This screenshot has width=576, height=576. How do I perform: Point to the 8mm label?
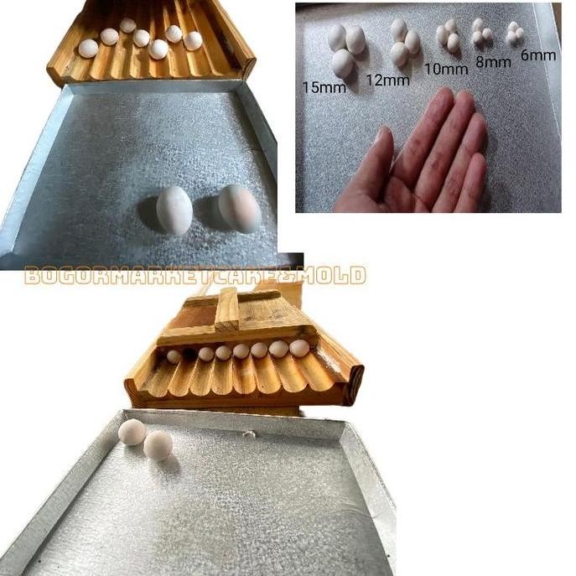492,61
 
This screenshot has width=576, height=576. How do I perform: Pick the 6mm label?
537,55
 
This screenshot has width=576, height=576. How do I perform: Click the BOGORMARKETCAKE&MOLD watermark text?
195,276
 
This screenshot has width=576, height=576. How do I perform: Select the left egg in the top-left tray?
174,210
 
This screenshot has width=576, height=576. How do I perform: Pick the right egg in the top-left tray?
239,208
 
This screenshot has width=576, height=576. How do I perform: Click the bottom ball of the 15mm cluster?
342,63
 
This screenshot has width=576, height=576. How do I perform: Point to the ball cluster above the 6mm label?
514,33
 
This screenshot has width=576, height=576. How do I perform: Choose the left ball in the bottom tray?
132,432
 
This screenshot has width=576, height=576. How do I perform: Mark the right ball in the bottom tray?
158,445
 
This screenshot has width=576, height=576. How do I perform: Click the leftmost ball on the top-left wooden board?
88,49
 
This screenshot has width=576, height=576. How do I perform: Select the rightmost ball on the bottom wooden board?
299,348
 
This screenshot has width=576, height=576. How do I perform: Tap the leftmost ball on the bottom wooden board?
174,356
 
